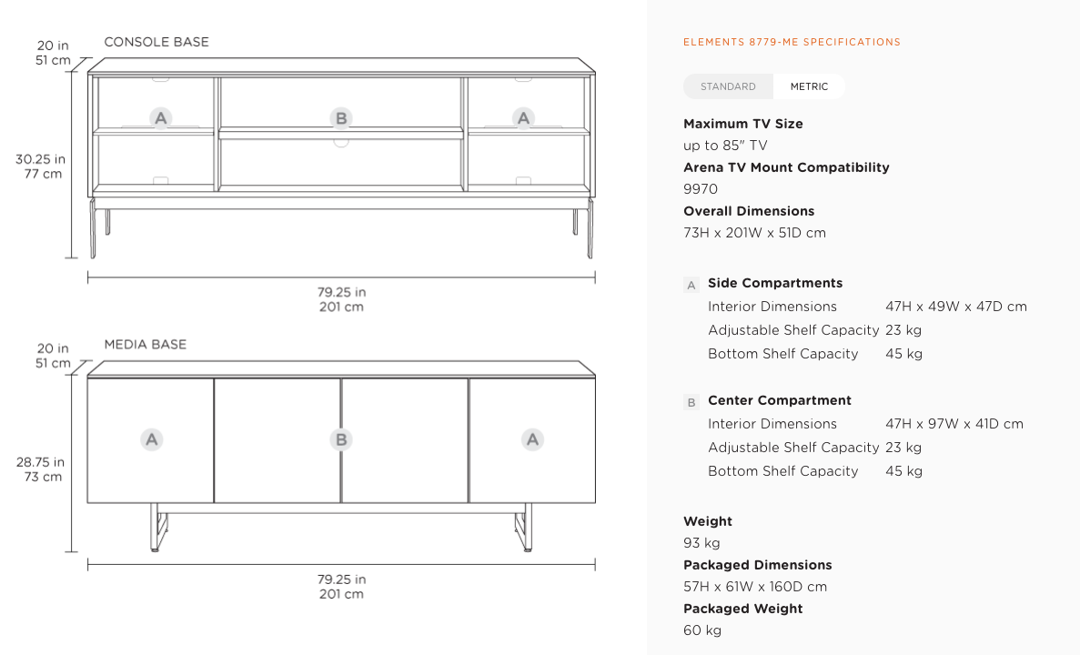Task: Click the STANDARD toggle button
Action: pos(728,86)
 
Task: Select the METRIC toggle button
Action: pos(809,86)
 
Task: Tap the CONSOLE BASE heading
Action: pos(156,42)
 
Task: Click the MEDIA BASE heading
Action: pos(146,345)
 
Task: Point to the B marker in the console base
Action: pos(341,118)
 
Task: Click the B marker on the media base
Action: pos(341,439)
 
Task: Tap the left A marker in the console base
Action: pos(160,118)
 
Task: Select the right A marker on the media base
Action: pos(532,439)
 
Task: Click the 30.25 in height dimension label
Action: pos(41,159)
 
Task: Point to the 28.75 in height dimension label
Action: pos(41,462)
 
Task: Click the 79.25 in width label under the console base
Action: pos(341,292)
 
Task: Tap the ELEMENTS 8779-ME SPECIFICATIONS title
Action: pos(792,42)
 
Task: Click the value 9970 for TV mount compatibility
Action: pos(701,189)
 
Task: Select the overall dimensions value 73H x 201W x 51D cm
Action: pos(755,233)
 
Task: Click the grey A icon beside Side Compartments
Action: pos(691,285)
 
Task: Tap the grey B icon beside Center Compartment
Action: pos(691,402)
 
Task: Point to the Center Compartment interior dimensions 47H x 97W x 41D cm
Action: pos(954,424)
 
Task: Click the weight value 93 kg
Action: pos(701,543)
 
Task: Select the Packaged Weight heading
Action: pos(743,609)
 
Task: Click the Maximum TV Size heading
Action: pos(743,124)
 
